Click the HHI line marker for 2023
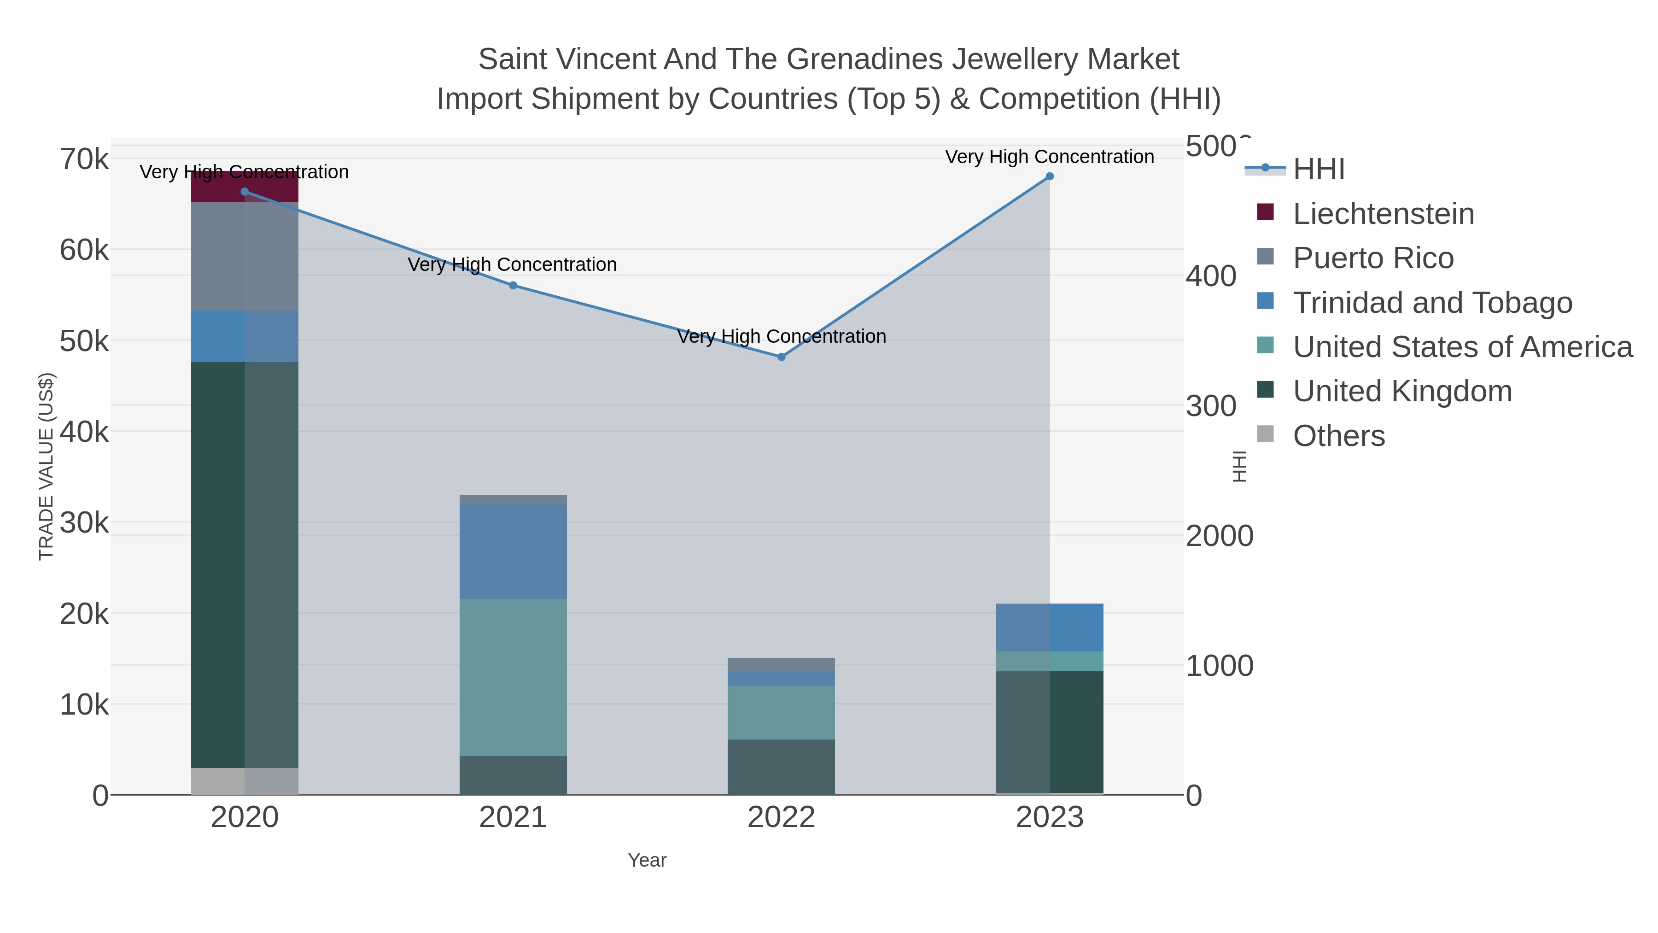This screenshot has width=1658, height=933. [1049, 176]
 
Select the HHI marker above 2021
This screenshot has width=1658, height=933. [513, 285]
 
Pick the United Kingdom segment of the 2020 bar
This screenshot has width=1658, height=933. [245, 565]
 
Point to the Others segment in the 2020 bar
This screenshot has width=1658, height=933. [245, 781]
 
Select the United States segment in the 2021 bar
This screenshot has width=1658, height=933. [513, 677]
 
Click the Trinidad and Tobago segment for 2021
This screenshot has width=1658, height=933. [513, 551]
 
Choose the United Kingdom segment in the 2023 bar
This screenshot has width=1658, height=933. [1049, 732]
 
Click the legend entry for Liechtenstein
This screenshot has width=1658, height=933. [1383, 214]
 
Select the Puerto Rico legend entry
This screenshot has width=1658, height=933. [1373, 258]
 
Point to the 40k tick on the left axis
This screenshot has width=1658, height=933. [84, 432]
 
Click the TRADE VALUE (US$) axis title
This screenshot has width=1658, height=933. [47, 466]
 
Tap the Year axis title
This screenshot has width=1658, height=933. [647, 860]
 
